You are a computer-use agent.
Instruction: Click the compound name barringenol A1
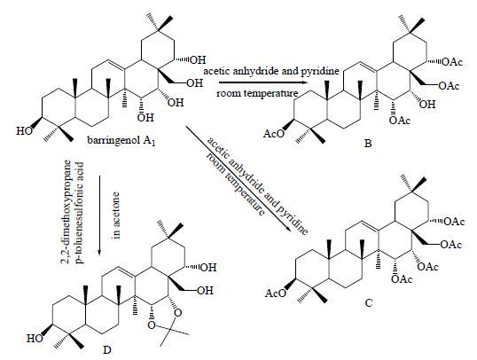coord(121,141)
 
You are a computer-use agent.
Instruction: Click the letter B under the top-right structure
coord(368,144)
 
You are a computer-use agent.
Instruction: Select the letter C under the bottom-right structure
coord(369,303)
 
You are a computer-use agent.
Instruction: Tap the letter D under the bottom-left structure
coord(106,350)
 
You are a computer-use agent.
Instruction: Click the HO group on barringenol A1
coord(24,131)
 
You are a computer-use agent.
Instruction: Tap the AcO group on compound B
coord(272,134)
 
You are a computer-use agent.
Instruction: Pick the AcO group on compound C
coord(276,293)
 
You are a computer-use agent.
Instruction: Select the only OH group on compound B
coord(427,105)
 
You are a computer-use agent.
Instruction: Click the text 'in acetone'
coord(117,215)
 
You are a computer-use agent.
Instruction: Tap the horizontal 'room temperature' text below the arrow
coord(258,93)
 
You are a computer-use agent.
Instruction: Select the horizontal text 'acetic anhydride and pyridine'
coord(271,71)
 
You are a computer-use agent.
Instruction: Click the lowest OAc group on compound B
coord(400,121)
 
